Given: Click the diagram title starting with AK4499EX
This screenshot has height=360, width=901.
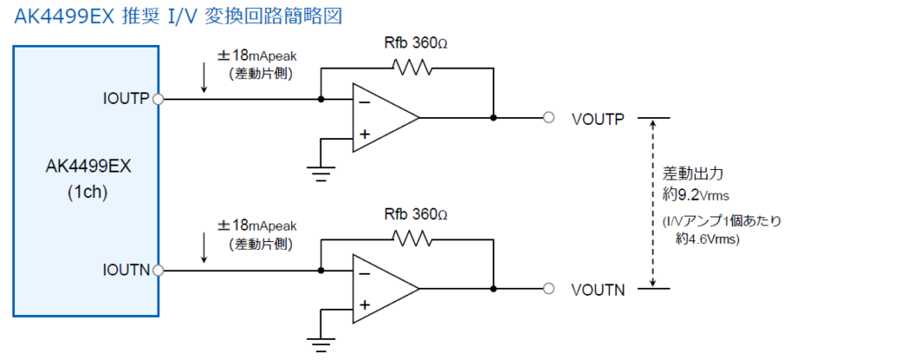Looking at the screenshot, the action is coord(178,16).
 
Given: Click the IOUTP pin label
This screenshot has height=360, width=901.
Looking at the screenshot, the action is coord(127,99).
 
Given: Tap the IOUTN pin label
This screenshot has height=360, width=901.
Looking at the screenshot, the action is coord(127,269).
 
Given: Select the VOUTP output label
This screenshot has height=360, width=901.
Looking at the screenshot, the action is coord(598,118).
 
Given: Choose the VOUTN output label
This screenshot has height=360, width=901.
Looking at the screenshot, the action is coord(598,290).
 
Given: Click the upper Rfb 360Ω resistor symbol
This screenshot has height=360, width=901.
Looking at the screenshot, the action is coord(412,67).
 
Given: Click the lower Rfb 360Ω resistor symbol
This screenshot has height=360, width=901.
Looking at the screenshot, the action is coord(412,238).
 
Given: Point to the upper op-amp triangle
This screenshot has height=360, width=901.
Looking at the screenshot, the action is coord(385,118).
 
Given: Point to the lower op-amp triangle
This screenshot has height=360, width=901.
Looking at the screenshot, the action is coord(385,288).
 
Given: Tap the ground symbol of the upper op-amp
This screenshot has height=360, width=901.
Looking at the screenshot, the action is coord(320,173).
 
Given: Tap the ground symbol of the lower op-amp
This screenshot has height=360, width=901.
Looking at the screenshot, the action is coord(320,343).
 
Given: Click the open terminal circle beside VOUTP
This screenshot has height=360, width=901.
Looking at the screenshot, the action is coord(549,118).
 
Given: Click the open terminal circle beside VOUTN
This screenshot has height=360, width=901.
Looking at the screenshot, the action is coord(549,288).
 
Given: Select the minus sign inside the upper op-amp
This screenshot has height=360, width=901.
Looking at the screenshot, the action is coord(364,102).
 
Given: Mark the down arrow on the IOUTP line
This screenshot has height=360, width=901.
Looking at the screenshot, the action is coord(204,79).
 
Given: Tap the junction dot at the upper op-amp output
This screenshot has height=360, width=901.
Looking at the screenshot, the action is coord(493,118).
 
